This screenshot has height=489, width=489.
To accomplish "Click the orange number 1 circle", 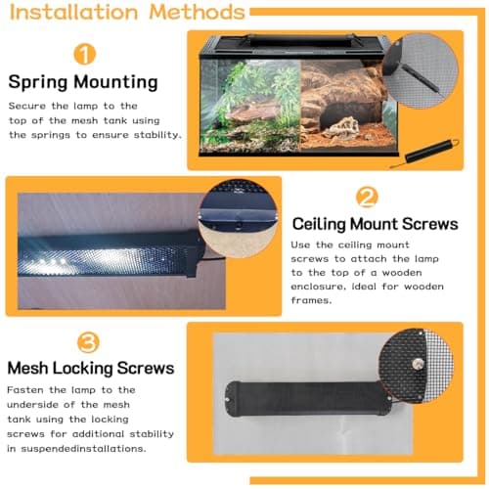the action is (x=84, y=55).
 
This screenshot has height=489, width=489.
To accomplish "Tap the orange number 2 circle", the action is (x=367, y=197).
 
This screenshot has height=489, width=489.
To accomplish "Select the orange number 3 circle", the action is (x=88, y=342).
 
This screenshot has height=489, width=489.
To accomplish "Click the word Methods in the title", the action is (x=197, y=12).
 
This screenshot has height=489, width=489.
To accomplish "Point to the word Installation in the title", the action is (x=74, y=13).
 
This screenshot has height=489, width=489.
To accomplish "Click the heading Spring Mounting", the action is (x=83, y=82).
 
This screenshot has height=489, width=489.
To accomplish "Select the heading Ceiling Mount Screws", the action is (x=375, y=224).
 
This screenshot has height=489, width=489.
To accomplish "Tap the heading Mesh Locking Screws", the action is (x=91, y=368).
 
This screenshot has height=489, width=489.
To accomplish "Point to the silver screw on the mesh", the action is (x=417, y=364).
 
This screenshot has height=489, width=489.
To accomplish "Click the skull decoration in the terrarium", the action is (x=342, y=127).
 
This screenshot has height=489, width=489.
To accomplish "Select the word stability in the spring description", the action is (x=157, y=135).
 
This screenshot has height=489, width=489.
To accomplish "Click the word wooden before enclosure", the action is (x=402, y=273).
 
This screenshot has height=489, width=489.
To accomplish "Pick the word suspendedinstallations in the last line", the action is (x=83, y=449).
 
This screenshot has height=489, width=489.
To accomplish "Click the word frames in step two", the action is (x=311, y=300).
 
